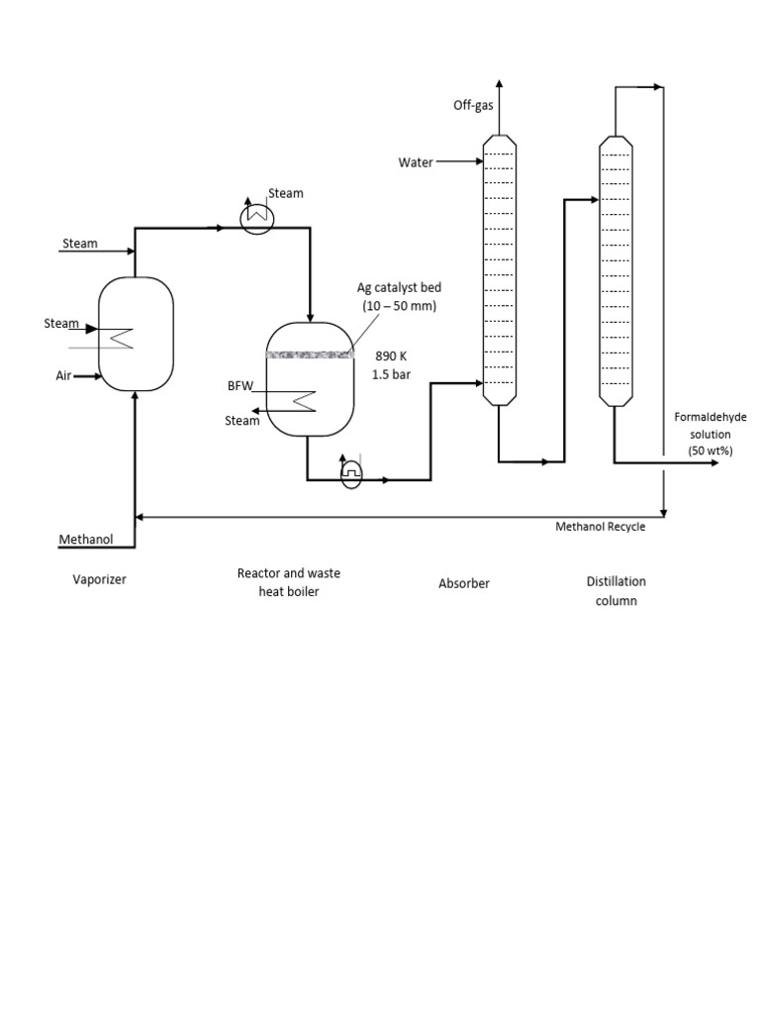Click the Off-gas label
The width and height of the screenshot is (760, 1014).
[x=473, y=104]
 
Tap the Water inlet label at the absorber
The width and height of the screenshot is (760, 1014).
[x=415, y=162]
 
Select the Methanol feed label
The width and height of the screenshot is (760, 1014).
[x=86, y=540]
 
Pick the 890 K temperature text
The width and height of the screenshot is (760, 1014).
[x=390, y=355]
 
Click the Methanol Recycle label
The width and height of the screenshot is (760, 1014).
[x=600, y=527]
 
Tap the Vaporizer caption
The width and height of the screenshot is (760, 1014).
[x=99, y=580]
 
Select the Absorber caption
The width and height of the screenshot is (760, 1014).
[x=464, y=583]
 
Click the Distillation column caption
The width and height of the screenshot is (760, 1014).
[x=616, y=591]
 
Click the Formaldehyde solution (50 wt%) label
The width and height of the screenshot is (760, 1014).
[x=710, y=434]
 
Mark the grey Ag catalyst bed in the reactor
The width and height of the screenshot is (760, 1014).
[x=310, y=354]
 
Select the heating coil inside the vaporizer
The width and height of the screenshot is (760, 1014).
[x=121, y=337]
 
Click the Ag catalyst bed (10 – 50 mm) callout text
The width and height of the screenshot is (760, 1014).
[x=399, y=296]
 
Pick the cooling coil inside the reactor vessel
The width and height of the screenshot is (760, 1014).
[x=302, y=401]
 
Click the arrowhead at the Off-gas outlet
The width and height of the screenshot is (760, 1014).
[x=499, y=85]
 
